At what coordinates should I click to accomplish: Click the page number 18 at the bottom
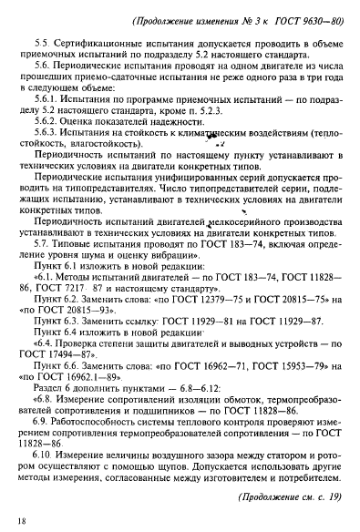[21, 517]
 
